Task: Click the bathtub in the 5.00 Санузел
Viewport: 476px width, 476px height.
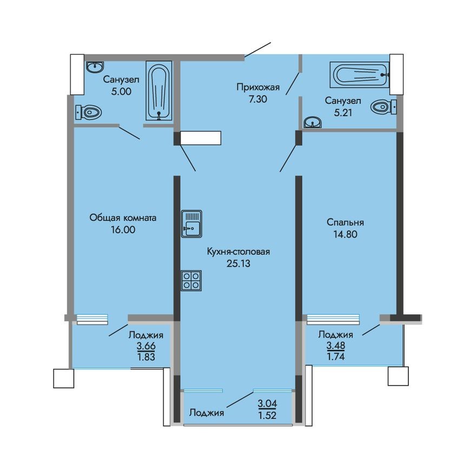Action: click(x=158, y=92)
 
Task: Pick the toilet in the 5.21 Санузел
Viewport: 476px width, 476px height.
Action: click(x=384, y=107)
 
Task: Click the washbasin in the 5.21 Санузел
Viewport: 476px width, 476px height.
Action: click(x=312, y=123)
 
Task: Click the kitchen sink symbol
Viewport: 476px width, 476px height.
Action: click(x=191, y=223)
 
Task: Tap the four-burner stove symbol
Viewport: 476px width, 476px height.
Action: click(x=191, y=281)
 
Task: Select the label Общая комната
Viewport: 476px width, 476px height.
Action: click(x=123, y=218)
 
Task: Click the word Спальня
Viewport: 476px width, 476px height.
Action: click(x=345, y=222)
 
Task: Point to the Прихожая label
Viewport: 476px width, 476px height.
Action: click(x=257, y=87)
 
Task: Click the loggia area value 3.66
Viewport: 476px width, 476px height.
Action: click(x=146, y=346)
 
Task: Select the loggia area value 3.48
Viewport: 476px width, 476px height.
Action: click(x=336, y=345)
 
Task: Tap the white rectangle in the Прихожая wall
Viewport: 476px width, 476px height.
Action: click(x=201, y=138)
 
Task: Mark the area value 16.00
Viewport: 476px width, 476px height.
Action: click(x=123, y=229)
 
